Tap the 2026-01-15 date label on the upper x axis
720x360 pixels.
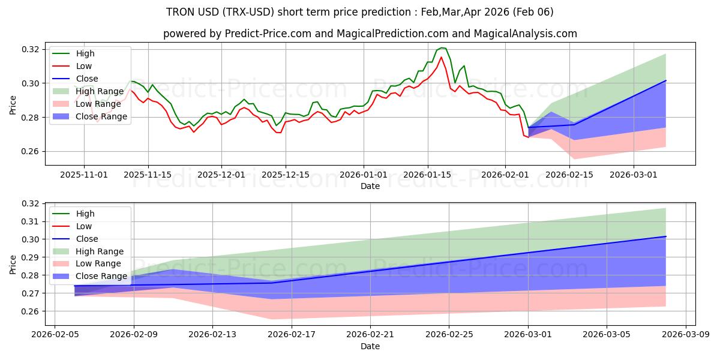tap(428, 175)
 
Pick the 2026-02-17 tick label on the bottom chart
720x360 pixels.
tap(292, 335)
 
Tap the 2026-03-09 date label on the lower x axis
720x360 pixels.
tap(686, 335)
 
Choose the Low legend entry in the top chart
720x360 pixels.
tap(84, 66)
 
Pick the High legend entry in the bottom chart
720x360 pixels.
tap(85, 214)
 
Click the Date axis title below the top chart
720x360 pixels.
tap(370, 186)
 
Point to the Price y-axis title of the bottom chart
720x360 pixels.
tap(13, 263)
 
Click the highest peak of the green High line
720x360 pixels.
tap(442, 47)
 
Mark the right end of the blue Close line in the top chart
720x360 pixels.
tap(665, 80)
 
